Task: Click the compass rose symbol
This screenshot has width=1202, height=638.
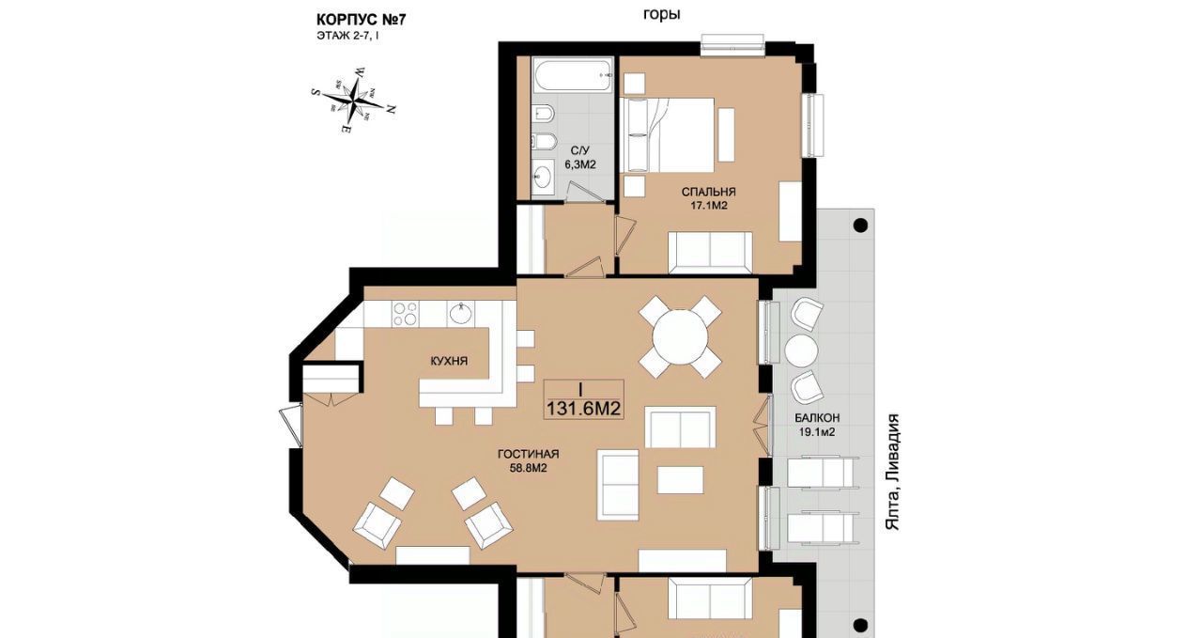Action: tap(354, 100)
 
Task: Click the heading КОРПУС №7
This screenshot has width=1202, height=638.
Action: tap(362, 20)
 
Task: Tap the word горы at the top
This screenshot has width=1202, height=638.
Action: tap(662, 14)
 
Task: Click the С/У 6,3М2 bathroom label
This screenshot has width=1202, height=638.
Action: tap(580, 158)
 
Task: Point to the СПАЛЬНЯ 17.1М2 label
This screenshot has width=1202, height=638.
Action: tap(708, 198)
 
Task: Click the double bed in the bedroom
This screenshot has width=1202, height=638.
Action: tap(667, 134)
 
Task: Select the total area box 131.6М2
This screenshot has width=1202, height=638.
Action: tap(583, 399)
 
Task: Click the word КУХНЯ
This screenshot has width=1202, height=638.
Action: tap(449, 361)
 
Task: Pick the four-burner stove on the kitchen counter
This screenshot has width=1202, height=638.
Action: tap(405, 314)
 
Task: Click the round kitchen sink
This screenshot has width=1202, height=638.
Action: tap(462, 314)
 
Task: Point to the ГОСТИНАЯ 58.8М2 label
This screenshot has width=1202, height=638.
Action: tap(529, 460)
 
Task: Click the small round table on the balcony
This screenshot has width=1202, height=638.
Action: tap(801, 350)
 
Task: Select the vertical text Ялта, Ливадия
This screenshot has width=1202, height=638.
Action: tap(892, 472)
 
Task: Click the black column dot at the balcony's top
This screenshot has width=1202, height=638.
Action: tap(860, 225)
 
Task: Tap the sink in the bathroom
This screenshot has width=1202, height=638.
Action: tap(543, 175)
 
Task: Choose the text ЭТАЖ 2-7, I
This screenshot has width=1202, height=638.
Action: tap(347, 37)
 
